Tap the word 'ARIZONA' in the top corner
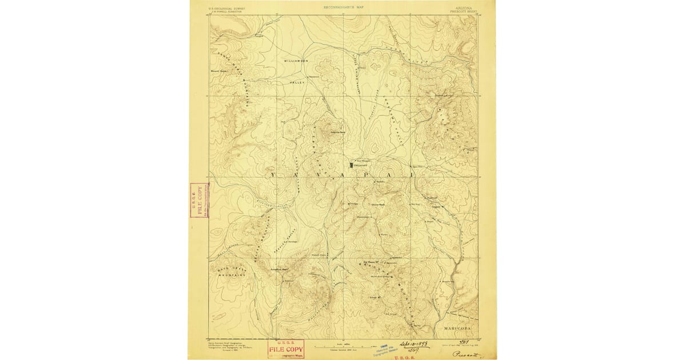(463, 6)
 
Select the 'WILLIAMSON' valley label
(296, 60)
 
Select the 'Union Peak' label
(378, 204)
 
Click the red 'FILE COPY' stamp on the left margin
(199, 201)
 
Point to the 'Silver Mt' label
(376, 298)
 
